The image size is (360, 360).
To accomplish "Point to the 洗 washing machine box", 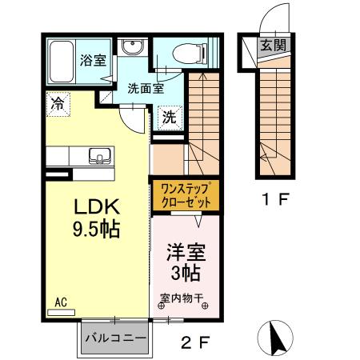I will click(x=170, y=117).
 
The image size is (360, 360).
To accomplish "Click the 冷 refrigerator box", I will click(x=58, y=102).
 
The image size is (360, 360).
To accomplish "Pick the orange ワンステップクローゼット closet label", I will click(x=186, y=194).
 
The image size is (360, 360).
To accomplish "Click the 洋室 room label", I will click(x=186, y=253).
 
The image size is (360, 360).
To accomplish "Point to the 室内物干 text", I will click(x=183, y=300).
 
